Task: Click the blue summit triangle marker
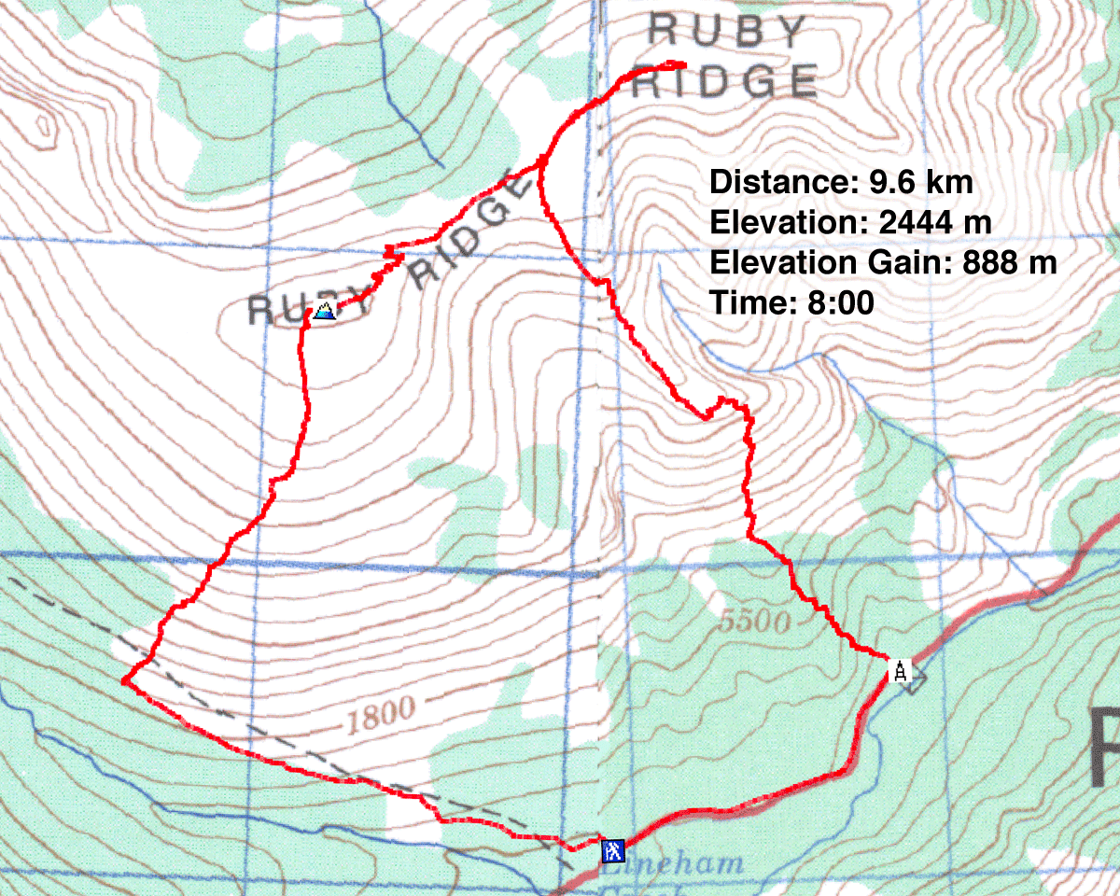pyautogui.click(x=324, y=311)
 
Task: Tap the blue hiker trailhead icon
pyautogui.click(x=612, y=850)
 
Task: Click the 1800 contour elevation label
pyautogui.click(x=384, y=714)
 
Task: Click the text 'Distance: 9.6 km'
pyautogui.click(x=841, y=182)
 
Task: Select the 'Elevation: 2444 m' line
pyautogui.click(x=849, y=223)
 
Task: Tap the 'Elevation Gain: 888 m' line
pyautogui.click(x=883, y=263)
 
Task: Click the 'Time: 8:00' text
pyautogui.click(x=791, y=303)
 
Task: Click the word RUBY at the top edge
pyautogui.click(x=726, y=31)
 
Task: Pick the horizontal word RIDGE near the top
pyautogui.click(x=724, y=82)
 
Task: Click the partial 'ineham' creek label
pyautogui.click(x=686, y=863)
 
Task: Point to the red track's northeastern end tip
pyautogui.click(x=684, y=64)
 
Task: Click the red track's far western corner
pyautogui.click(x=123, y=681)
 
